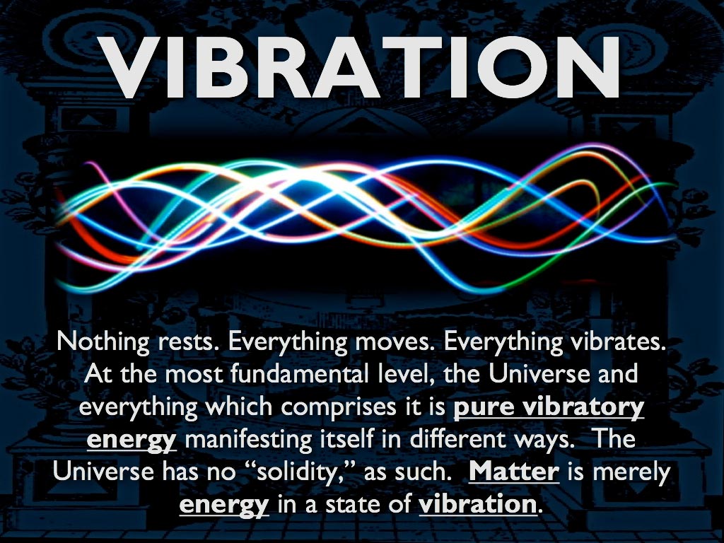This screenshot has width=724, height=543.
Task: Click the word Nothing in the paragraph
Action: pyautogui.click(x=103, y=343)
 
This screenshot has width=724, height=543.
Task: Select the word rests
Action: pyautogui.click(x=189, y=343)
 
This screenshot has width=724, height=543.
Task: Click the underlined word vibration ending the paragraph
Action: pyautogui.click(x=478, y=503)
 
